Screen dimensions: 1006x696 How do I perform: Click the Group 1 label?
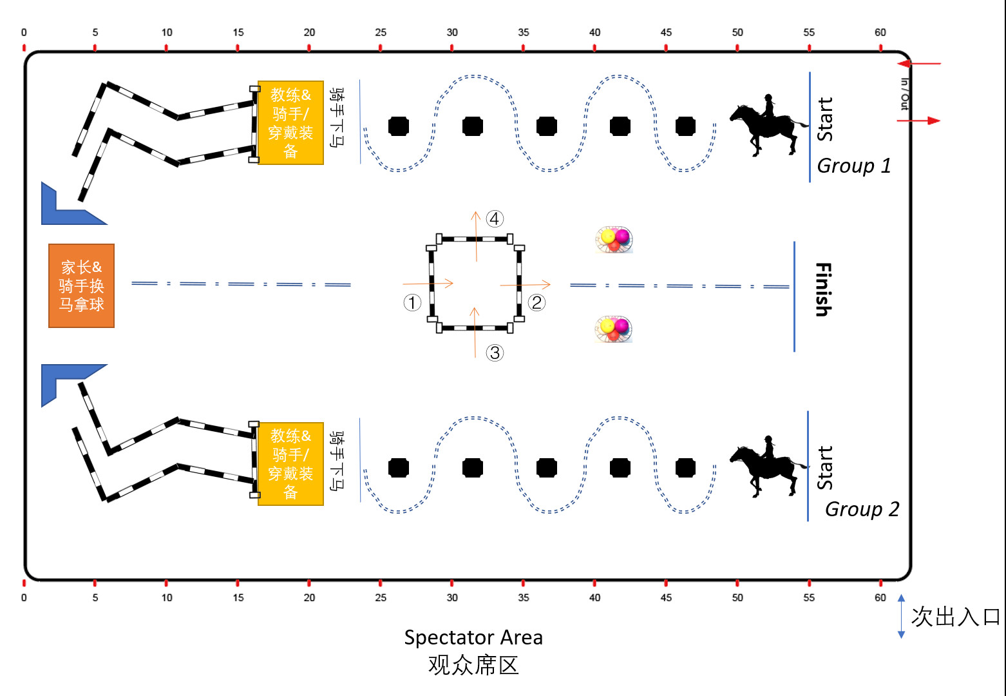854,166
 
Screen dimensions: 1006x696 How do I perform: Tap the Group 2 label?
862,509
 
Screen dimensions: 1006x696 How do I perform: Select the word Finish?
823,289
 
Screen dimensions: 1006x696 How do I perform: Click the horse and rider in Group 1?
768,125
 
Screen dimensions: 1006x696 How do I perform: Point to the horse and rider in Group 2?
768,467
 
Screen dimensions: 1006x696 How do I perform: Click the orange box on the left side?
81,285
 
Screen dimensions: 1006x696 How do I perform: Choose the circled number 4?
495,219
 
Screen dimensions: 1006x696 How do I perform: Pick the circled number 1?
412,302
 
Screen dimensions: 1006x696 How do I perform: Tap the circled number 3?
495,353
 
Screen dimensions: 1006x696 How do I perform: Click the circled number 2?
536,302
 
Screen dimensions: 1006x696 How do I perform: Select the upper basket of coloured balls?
614,240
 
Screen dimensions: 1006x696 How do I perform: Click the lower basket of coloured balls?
614,329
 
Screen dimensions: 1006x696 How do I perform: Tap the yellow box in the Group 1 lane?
290,122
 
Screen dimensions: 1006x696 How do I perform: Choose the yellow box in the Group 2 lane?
290,464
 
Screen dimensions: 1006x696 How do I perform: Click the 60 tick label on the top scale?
880,32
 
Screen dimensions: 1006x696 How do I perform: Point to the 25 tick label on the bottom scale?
381,597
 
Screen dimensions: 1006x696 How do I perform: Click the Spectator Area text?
473,637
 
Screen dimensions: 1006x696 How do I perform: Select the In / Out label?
904,94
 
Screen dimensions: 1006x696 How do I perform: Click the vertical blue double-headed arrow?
901,616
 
